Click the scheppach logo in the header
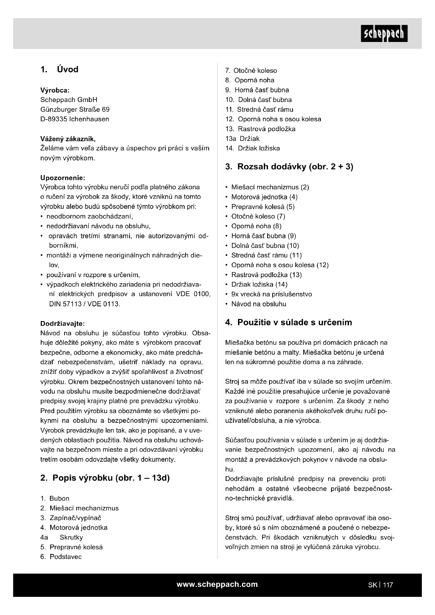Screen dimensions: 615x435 tap(384, 34)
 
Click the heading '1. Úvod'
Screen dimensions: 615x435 tap(59, 69)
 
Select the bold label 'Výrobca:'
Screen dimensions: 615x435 tap(55, 90)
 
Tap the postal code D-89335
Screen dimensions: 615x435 tap(54, 119)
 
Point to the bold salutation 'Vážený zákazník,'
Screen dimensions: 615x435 tap(68, 139)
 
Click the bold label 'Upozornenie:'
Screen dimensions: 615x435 tap(63, 178)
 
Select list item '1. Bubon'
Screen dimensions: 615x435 tap(55, 499)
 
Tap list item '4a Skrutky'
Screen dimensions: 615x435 tap(62, 537)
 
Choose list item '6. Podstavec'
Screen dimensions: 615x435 tap(61, 557)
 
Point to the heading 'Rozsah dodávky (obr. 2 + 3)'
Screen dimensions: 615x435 tap(289, 167)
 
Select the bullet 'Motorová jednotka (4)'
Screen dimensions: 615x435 tap(264, 197)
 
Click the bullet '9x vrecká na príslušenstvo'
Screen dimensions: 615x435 tap(271, 294)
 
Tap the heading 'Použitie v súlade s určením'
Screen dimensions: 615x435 tap(289, 322)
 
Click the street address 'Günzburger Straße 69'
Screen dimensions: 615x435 tap(75, 110)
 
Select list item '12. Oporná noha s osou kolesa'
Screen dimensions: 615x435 tap(273, 119)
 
